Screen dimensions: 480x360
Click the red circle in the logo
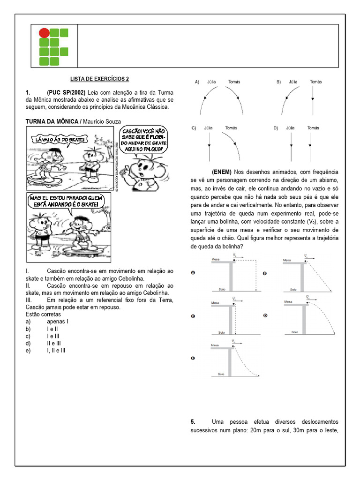point(44,33)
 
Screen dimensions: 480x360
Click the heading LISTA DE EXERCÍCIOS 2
point(99,79)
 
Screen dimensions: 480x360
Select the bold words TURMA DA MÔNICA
point(52,122)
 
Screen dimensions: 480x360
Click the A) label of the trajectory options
point(197,82)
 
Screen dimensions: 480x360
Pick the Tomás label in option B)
point(316,82)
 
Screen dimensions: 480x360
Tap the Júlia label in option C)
point(209,128)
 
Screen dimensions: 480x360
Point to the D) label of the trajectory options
point(276,128)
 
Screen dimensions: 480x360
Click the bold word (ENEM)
point(222,172)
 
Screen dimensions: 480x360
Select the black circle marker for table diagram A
point(193,273)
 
